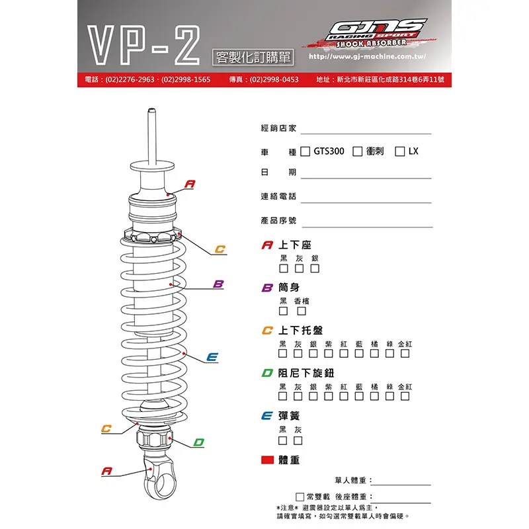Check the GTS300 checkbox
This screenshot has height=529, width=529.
[305, 151]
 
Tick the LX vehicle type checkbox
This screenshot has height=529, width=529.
[400, 151]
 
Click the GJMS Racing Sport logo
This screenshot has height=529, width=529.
[370, 33]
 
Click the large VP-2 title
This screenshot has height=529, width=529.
[143, 46]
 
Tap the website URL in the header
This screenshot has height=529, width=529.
[368, 56]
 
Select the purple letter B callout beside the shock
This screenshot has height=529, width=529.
[218, 284]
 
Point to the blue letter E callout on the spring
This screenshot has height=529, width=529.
[212, 357]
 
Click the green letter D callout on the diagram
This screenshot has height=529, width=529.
[199, 442]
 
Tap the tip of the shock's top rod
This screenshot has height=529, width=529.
[151, 110]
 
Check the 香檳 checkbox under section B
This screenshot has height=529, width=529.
[302, 311]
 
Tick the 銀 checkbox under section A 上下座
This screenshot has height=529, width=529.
[315, 268]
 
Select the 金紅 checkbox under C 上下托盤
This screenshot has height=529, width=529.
[405, 354]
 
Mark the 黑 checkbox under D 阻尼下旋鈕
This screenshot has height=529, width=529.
[283, 396]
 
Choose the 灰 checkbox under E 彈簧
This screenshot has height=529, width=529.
[298, 440]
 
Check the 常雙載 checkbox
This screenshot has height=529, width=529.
[300, 497]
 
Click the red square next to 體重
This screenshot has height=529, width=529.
[267, 460]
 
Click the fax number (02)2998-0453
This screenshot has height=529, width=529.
[274, 79]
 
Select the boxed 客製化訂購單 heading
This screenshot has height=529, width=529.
[253, 58]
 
